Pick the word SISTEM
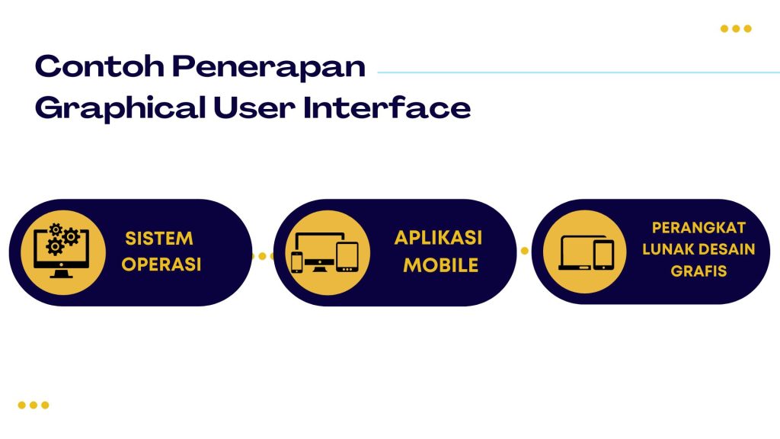tap(159, 239)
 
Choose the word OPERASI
tap(161, 265)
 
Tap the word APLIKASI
tap(438, 238)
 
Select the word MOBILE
tap(441, 265)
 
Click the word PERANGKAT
tap(698, 228)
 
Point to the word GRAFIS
tap(698, 271)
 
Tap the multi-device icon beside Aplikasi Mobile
tap(324, 252)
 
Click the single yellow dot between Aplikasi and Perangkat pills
tap(524, 251)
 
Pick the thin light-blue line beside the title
tap(579, 73)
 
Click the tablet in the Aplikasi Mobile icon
tap(347, 257)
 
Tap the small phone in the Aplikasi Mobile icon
tap(297, 261)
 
